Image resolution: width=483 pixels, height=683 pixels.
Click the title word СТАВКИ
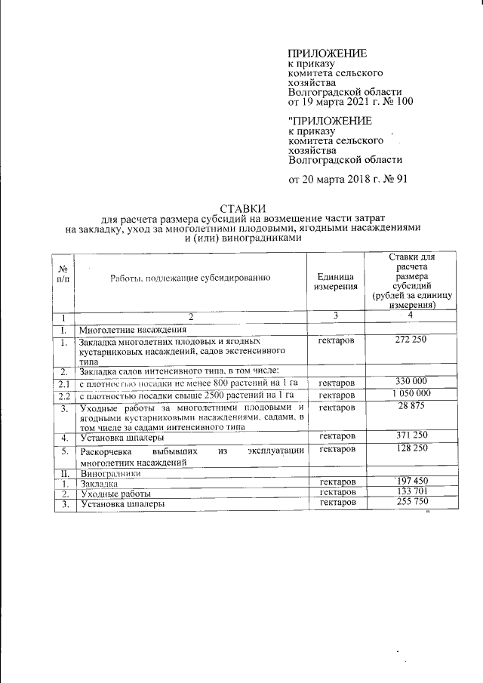[241, 208]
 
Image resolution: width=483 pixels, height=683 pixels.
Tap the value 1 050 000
[411, 395]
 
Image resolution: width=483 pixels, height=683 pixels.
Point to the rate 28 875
[411, 408]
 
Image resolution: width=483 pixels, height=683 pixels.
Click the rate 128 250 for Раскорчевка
[411, 450]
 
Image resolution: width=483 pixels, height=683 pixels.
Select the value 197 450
[411, 481]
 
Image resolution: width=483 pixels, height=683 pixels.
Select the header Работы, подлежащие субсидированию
[189, 278]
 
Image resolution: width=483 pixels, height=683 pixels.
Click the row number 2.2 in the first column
[64, 395]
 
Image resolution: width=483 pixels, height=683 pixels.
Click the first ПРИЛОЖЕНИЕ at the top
[328, 54]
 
